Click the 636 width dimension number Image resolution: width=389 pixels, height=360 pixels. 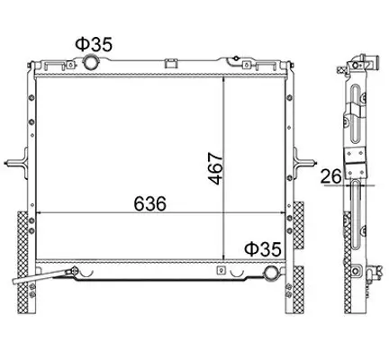pos(149,203)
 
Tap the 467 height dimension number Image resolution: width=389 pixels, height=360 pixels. pos(216,168)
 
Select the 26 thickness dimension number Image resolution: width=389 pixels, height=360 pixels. pos(331,176)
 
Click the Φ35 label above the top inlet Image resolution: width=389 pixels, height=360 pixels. pos(94,44)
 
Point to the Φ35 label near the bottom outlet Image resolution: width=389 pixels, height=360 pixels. pos(263,249)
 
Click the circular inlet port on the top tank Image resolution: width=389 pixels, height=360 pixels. pos(90,62)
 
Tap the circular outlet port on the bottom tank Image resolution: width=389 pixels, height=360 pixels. pos(271,273)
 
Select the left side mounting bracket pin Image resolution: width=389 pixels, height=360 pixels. pos(15,163)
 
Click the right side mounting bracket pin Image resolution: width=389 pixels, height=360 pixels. pos(304,163)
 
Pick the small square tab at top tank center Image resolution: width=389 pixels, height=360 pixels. pos(171,63)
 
